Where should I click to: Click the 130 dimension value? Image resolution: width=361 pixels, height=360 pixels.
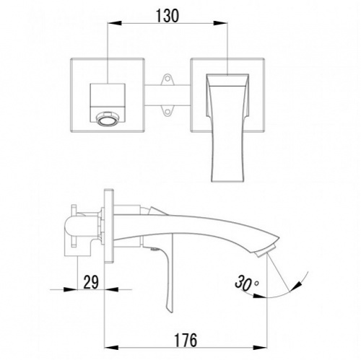tap(168, 16)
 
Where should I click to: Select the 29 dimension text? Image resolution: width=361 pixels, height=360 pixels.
tap(91, 282)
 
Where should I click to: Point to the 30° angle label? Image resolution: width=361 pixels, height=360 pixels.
tap(246, 283)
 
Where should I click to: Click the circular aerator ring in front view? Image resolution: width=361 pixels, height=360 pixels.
tap(108, 118)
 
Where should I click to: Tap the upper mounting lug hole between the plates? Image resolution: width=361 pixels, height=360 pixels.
tap(168, 79)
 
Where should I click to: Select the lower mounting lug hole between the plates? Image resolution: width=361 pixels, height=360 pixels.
tap(168, 112)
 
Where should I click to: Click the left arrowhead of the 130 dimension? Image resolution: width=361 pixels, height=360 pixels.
tap(114, 23)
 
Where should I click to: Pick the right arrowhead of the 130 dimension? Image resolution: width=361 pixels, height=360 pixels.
tap(221, 23)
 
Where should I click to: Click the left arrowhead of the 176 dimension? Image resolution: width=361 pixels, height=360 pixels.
tap(112, 348)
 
